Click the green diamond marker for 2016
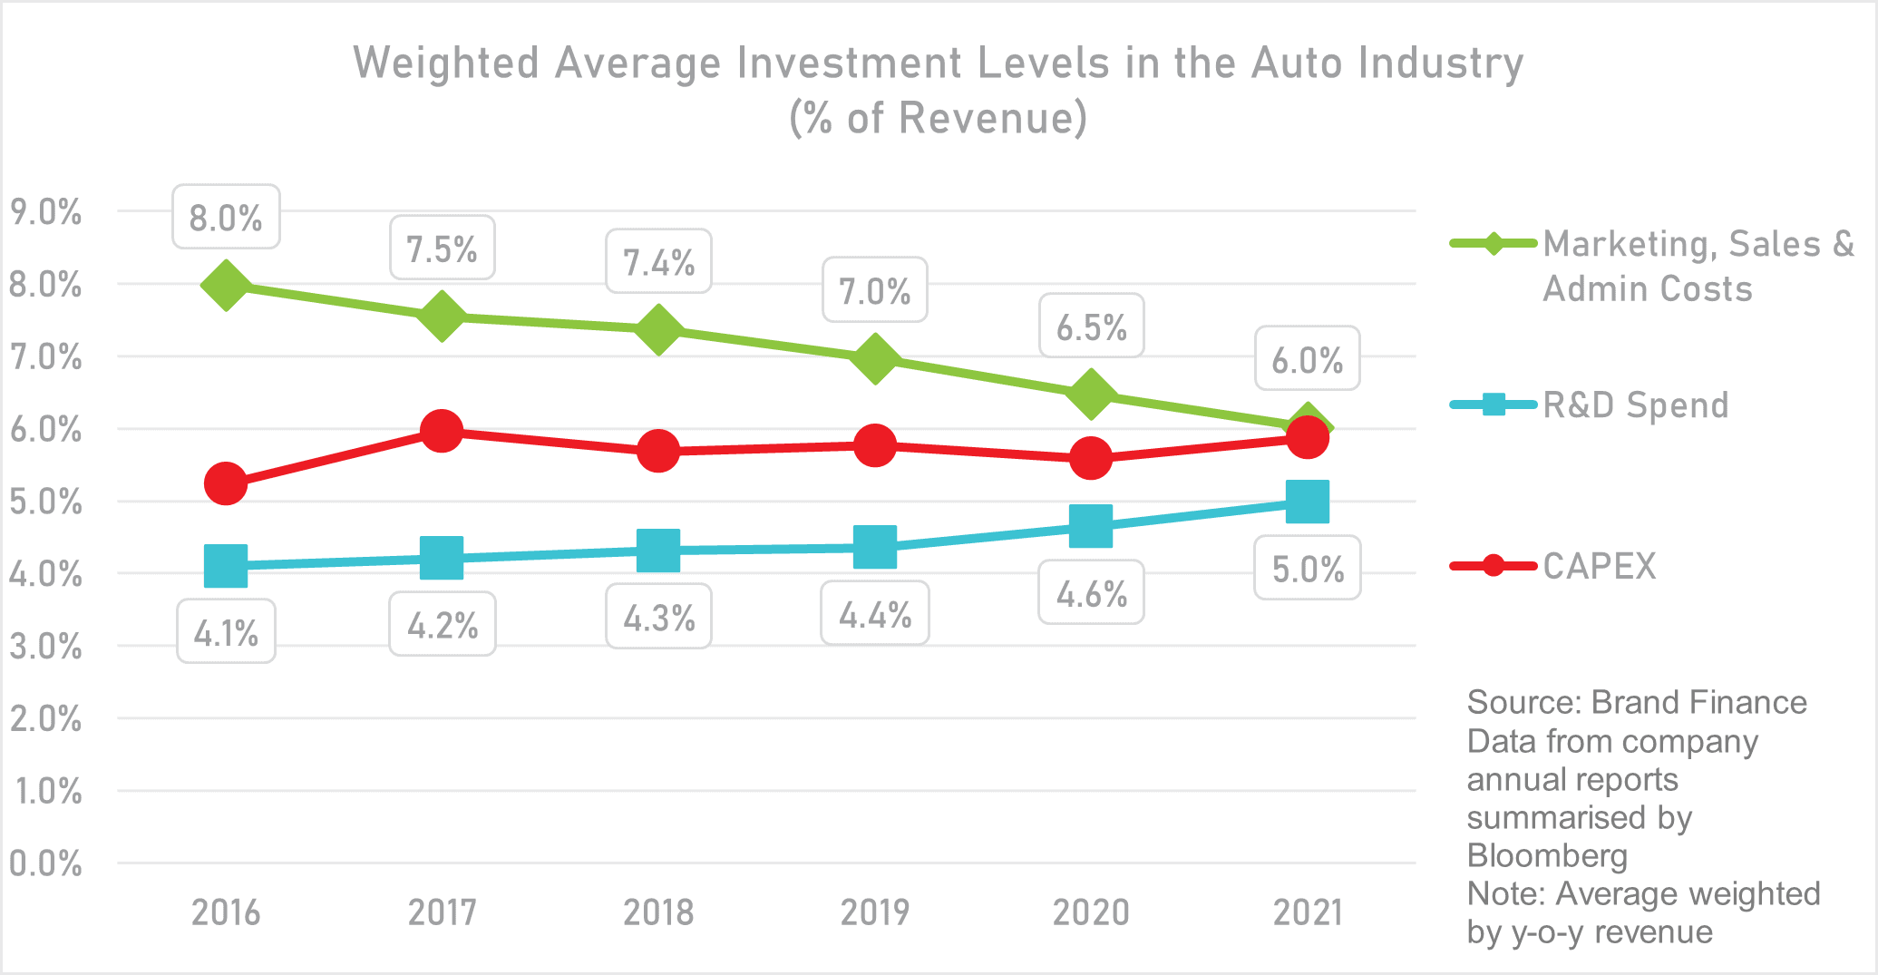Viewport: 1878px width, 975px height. pos(226,285)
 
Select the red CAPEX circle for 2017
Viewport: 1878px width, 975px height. pos(442,431)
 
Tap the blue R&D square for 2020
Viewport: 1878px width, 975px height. pos(1091,526)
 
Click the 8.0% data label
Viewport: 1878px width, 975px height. pos(226,218)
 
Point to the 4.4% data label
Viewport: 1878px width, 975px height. pos(874,614)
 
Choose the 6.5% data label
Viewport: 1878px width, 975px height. pos(1091,327)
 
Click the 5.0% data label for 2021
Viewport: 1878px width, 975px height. pos(1307,569)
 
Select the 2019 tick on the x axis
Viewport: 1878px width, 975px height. pos(874,912)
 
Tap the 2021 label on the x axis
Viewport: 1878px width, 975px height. pos(1307,912)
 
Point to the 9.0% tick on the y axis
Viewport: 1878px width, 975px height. pos(45,212)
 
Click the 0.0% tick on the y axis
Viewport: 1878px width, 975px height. pos(45,863)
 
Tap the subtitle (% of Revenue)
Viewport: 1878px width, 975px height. pos(938,118)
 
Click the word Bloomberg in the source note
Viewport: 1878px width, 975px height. pos(1547,855)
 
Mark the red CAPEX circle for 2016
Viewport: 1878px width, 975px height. pos(226,483)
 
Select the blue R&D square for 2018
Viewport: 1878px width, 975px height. pos(658,551)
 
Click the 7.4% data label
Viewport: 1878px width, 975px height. pos(658,262)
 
